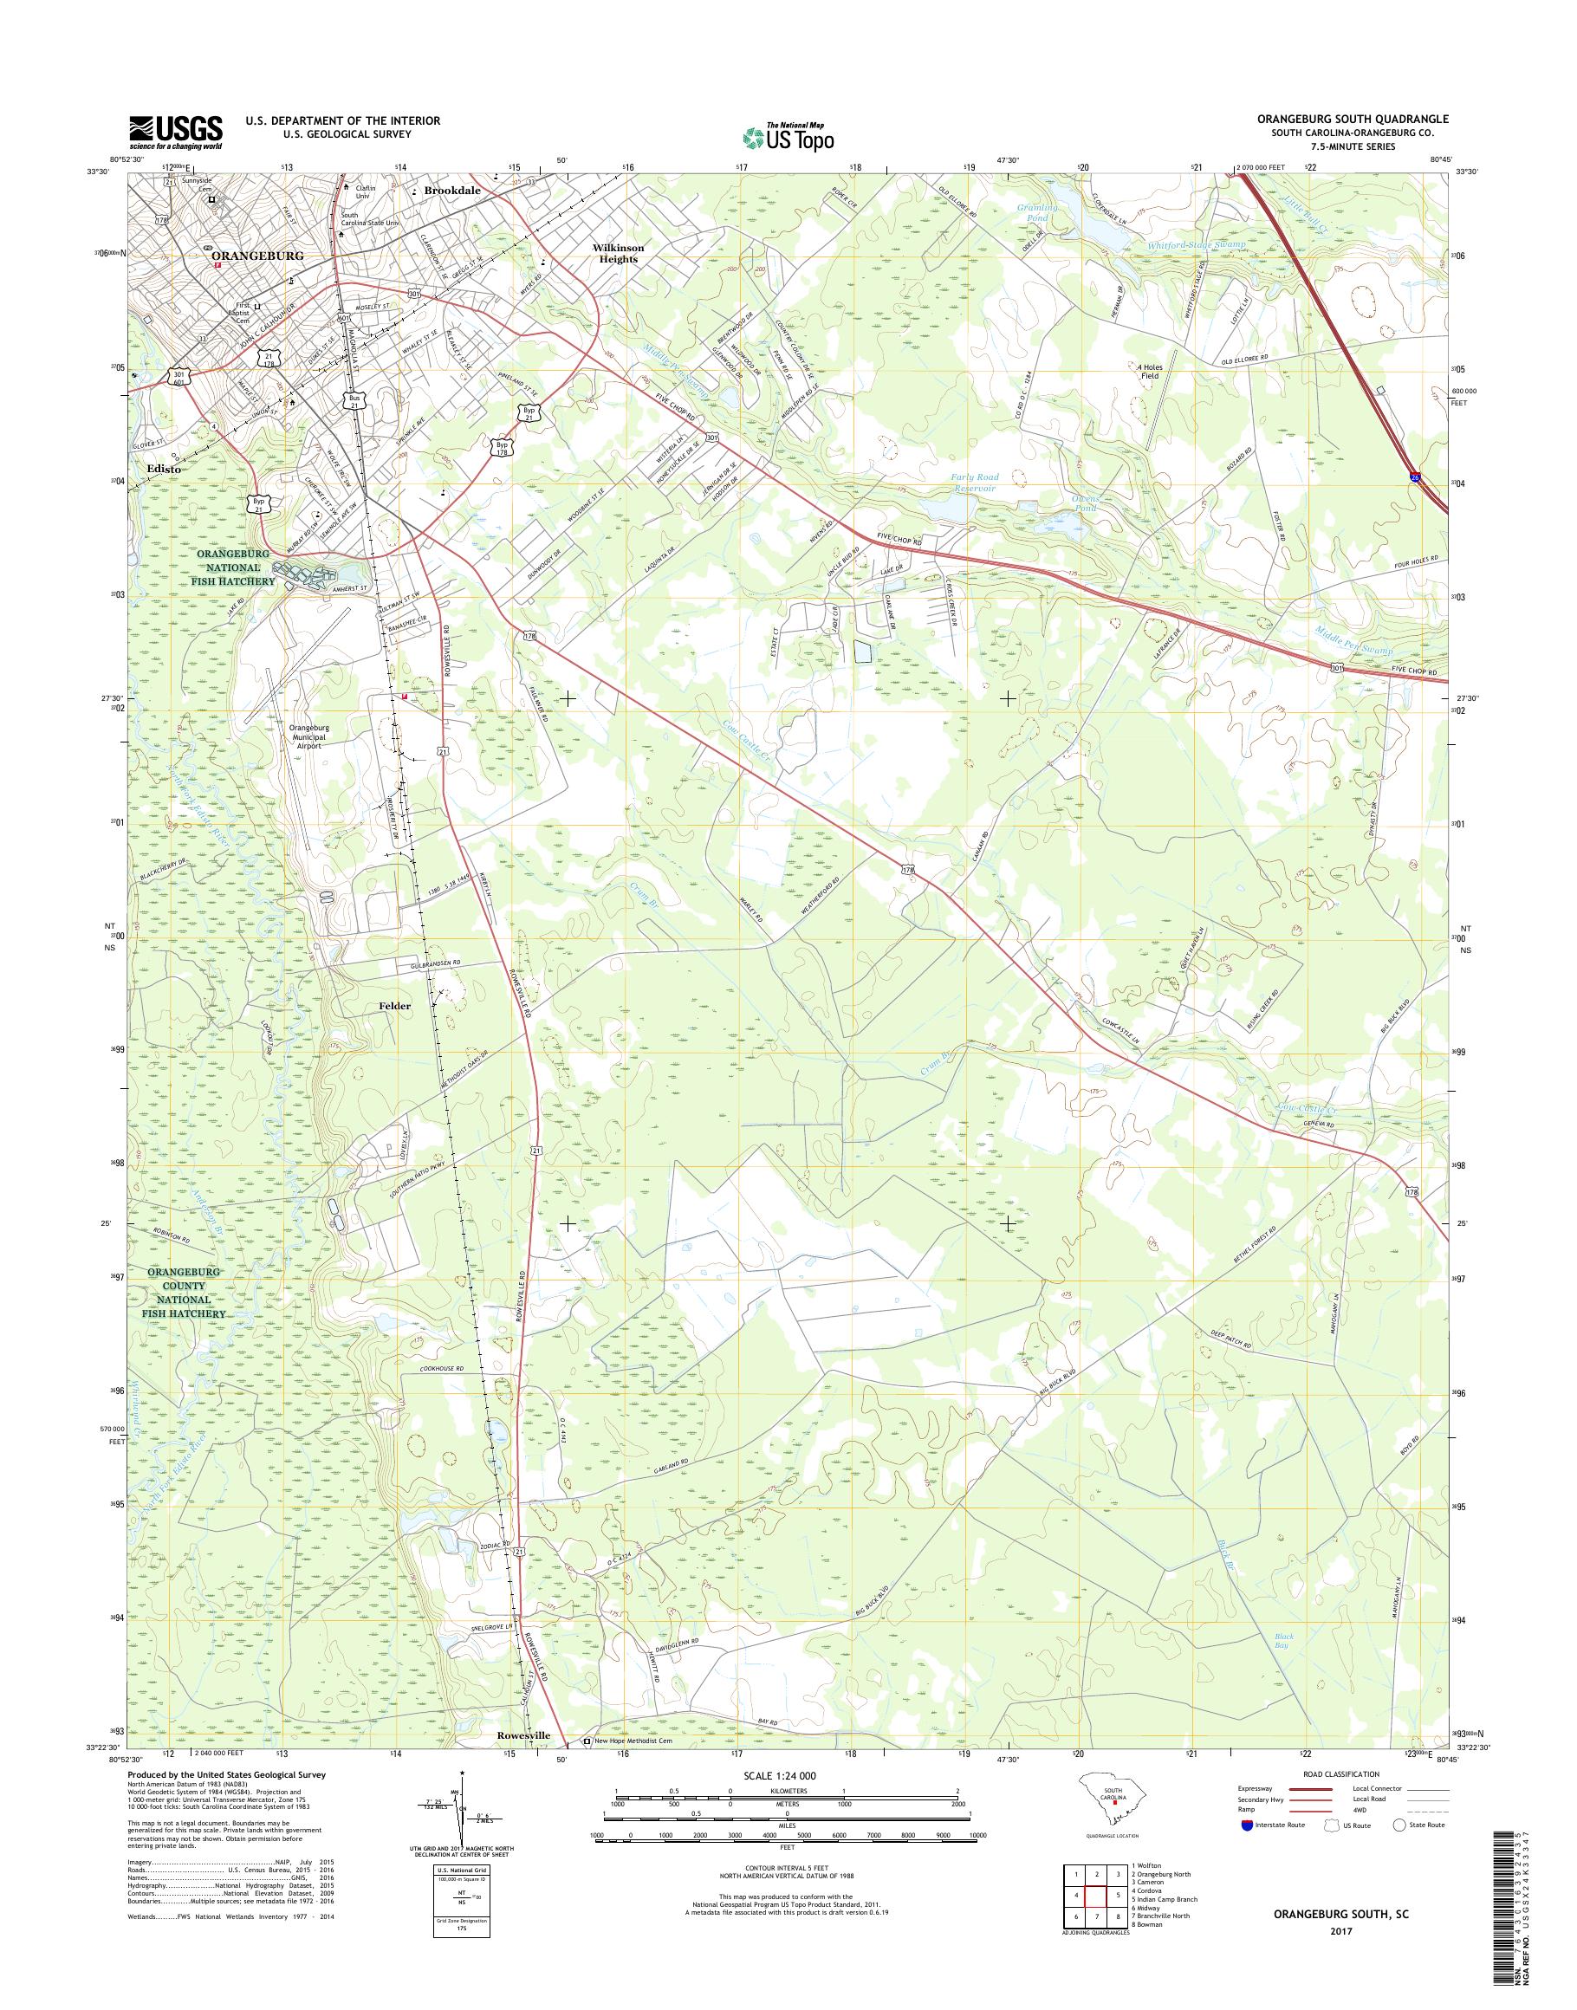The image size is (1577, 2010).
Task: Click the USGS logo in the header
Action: (x=175, y=132)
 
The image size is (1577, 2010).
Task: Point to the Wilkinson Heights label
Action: (x=618, y=254)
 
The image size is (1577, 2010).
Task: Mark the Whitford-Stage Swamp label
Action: (x=1196, y=244)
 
